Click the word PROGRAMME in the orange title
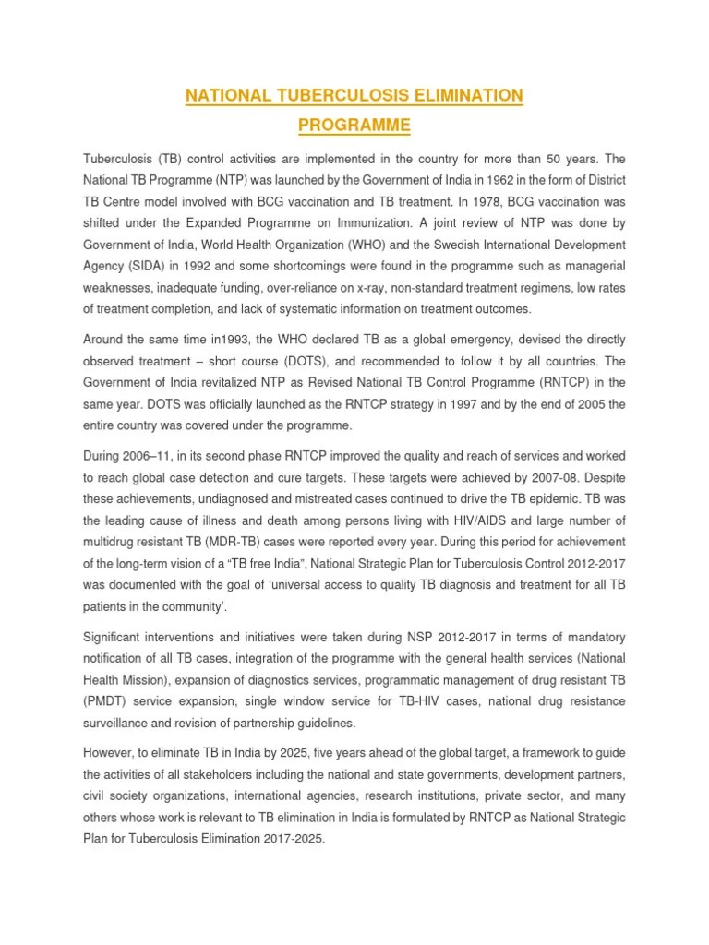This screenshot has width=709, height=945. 354,124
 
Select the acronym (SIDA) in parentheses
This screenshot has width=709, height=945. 140,266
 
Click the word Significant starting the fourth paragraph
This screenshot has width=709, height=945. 116,637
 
